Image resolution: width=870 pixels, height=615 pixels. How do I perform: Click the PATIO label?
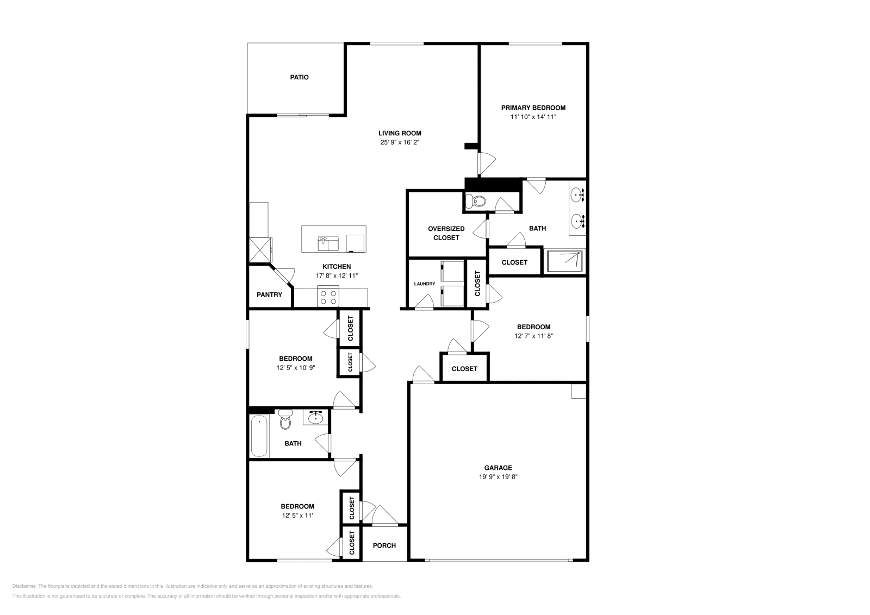pos(299,77)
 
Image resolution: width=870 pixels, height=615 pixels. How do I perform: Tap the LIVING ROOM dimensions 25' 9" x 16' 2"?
pos(400,142)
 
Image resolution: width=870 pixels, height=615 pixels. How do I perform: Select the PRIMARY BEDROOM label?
pos(533,108)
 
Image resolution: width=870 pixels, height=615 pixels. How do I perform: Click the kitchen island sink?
pos(328,244)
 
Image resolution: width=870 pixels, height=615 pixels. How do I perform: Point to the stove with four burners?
pos(328,297)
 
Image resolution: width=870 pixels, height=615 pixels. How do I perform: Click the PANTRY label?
pos(269,295)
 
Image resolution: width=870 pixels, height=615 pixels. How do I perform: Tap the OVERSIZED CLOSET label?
pos(446,233)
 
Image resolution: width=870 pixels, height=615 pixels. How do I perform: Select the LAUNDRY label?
pos(425,284)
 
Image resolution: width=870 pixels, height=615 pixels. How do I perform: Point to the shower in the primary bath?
pos(565,261)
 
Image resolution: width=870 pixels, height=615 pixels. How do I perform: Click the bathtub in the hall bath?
pos(259,435)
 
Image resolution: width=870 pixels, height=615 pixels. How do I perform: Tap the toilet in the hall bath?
pos(285,419)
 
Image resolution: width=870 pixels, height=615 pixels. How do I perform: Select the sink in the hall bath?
pos(315,417)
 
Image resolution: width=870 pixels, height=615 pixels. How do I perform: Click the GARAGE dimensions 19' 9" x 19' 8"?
pos(498,477)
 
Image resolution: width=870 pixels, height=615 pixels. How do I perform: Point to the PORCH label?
pos(384,545)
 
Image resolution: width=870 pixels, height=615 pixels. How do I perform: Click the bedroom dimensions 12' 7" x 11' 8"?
pos(533,336)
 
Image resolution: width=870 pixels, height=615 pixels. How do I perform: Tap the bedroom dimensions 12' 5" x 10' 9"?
pos(296,368)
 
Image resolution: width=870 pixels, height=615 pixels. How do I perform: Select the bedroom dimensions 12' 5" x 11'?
pos(297,516)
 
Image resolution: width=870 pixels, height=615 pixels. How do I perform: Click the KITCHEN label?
pos(337,267)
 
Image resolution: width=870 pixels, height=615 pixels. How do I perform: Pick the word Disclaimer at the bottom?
pos(24,586)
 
